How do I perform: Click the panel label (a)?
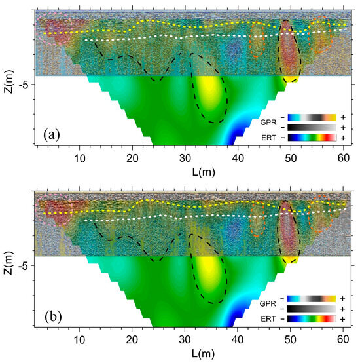pos(52,135)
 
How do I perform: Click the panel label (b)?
pos(53,316)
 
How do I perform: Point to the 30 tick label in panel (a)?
pos(185,158)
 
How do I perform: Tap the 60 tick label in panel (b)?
pos(343,339)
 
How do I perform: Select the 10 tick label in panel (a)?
pos(80,158)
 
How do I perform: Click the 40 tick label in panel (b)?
pos(238,339)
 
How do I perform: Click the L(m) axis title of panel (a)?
pos(204,172)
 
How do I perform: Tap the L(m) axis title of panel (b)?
pos(204,353)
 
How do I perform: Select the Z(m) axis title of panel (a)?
pos(9,81)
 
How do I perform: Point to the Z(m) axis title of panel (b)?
pos(9,263)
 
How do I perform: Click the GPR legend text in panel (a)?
pos(268,123)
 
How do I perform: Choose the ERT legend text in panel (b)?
pos(268,319)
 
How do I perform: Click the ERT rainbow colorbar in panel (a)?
pos(312,138)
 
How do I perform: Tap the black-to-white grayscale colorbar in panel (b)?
pos(312,309)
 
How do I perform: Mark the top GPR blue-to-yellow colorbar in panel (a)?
pos(312,117)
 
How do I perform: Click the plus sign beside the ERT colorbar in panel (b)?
pos(342,319)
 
